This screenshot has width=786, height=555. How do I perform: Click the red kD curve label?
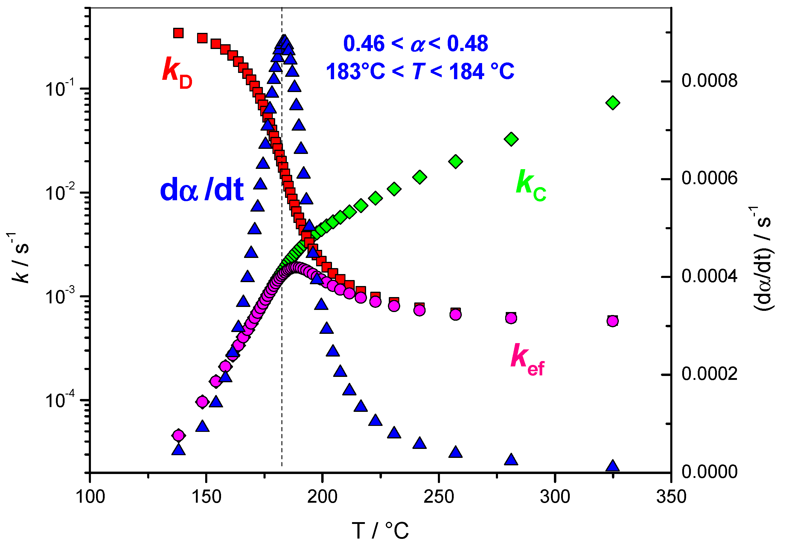tap(177, 73)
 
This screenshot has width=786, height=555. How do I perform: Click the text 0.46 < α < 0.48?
tap(415, 44)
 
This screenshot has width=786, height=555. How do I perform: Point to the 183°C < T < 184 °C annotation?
tap(420, 72)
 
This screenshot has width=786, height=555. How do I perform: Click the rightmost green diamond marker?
tap(613, 103)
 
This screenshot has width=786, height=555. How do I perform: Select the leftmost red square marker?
tap(178, 33)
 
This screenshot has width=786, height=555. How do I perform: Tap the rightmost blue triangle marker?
tap(613, 466)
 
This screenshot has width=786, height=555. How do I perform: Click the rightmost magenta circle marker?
tap(613, 321)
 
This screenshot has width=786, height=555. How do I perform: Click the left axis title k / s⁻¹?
tap(20, 257)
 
